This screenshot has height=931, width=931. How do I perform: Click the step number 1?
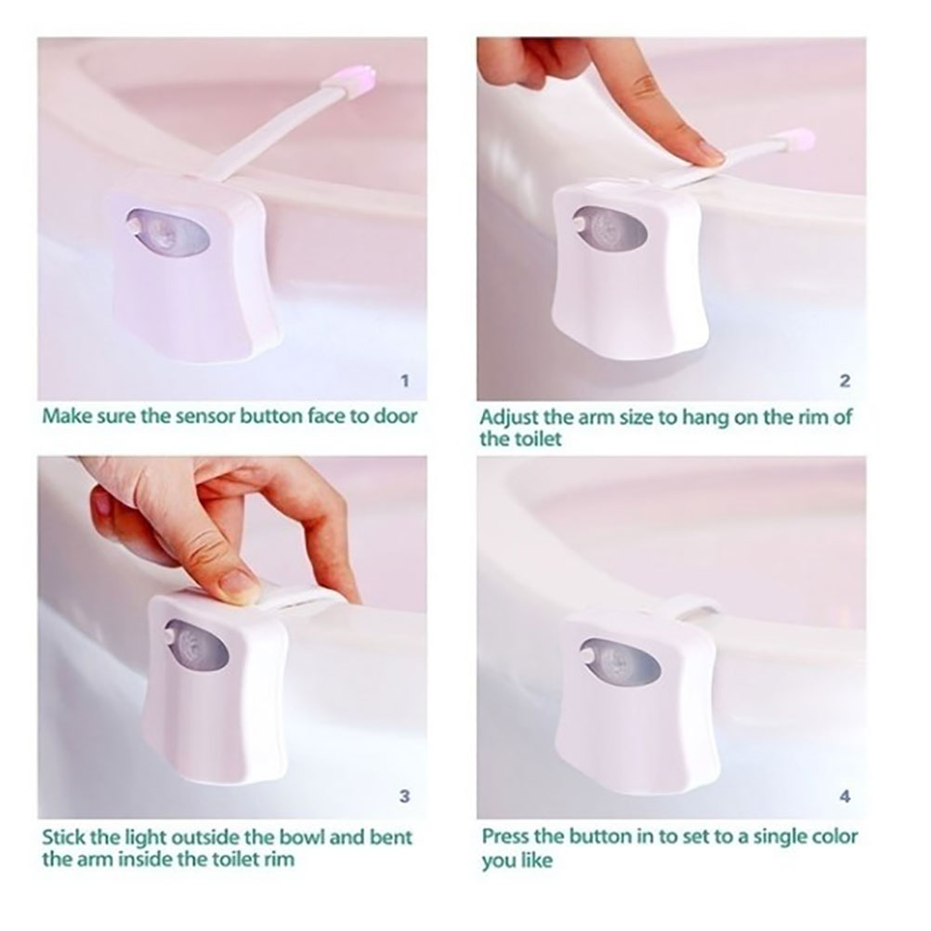[x=405, y=380]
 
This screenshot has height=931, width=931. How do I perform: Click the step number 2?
[x=845, y=381]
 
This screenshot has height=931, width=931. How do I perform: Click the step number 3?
[x=405, y=795]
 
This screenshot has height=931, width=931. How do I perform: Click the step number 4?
[x=846, y=795]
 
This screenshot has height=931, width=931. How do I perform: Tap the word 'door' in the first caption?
[x=396, y=415]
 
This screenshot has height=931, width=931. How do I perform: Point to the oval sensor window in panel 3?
[x=197, y=645]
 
